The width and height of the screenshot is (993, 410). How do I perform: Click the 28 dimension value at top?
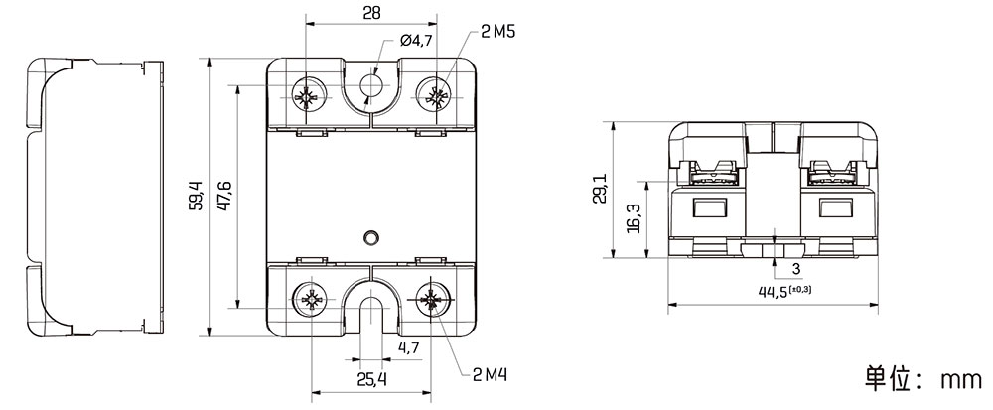click(372, 12)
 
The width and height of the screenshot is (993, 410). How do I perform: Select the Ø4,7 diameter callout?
click(416, 41)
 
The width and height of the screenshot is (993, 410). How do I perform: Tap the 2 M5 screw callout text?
click(497, 32)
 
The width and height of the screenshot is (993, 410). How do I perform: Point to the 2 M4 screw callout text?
click(491, 376)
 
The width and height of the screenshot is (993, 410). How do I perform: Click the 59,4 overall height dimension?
click(197, 196)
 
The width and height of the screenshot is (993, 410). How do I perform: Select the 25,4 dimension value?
click(371, 379)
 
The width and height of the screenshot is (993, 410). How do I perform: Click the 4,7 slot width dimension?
click(408, 347)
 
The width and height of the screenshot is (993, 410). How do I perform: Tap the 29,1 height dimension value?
click(600, 189)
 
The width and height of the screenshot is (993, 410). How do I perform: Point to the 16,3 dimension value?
click(634, 218)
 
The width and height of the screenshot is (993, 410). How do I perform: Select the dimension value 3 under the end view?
click(796, 269)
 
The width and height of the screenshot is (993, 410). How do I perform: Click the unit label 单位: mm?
click(922, 379)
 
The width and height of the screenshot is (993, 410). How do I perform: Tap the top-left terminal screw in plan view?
click(308, 97)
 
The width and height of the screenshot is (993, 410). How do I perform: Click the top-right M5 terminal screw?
click(437, 97)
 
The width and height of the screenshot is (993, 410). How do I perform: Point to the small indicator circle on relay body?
click(371, 237)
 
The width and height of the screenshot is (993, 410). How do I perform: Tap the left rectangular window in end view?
click(709, 207)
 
